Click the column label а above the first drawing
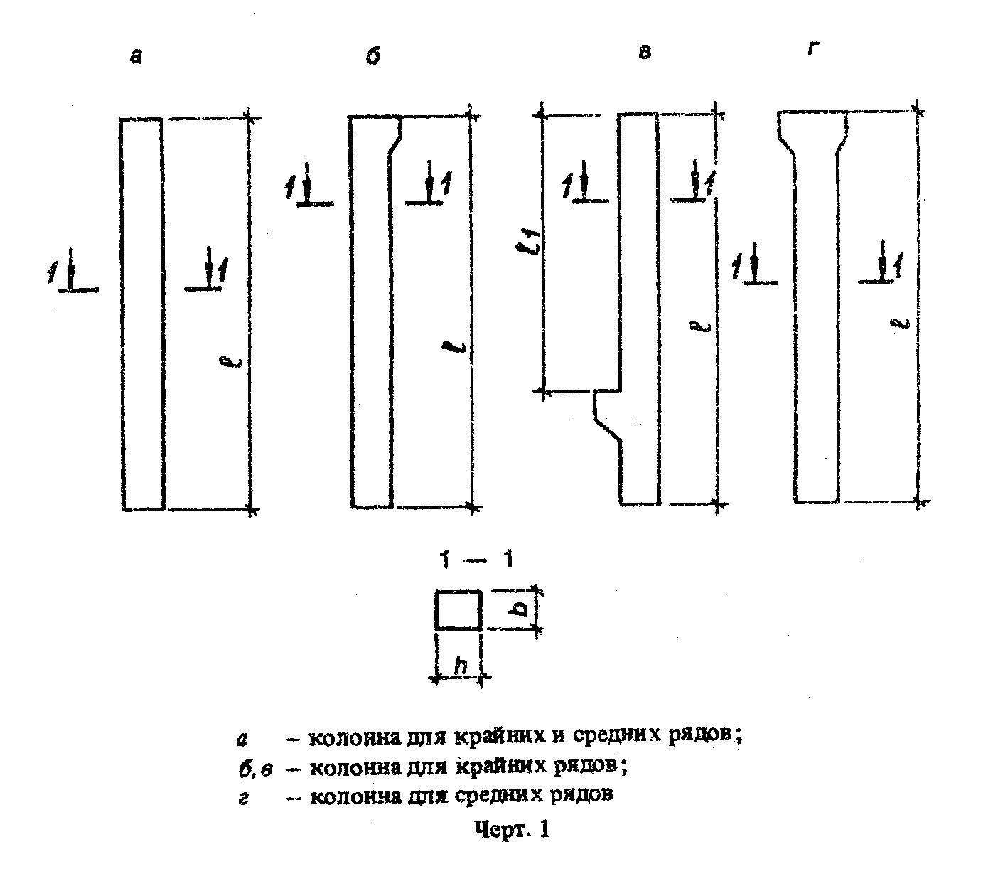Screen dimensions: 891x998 (136, 58)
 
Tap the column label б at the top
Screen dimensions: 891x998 (372, 57)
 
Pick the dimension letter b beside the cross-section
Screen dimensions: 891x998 (520, 610)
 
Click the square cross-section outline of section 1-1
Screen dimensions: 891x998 (458, 610)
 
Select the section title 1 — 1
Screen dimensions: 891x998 (476, 560)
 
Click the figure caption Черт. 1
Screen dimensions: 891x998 (510, 830)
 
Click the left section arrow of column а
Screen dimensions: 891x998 (71, 271)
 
